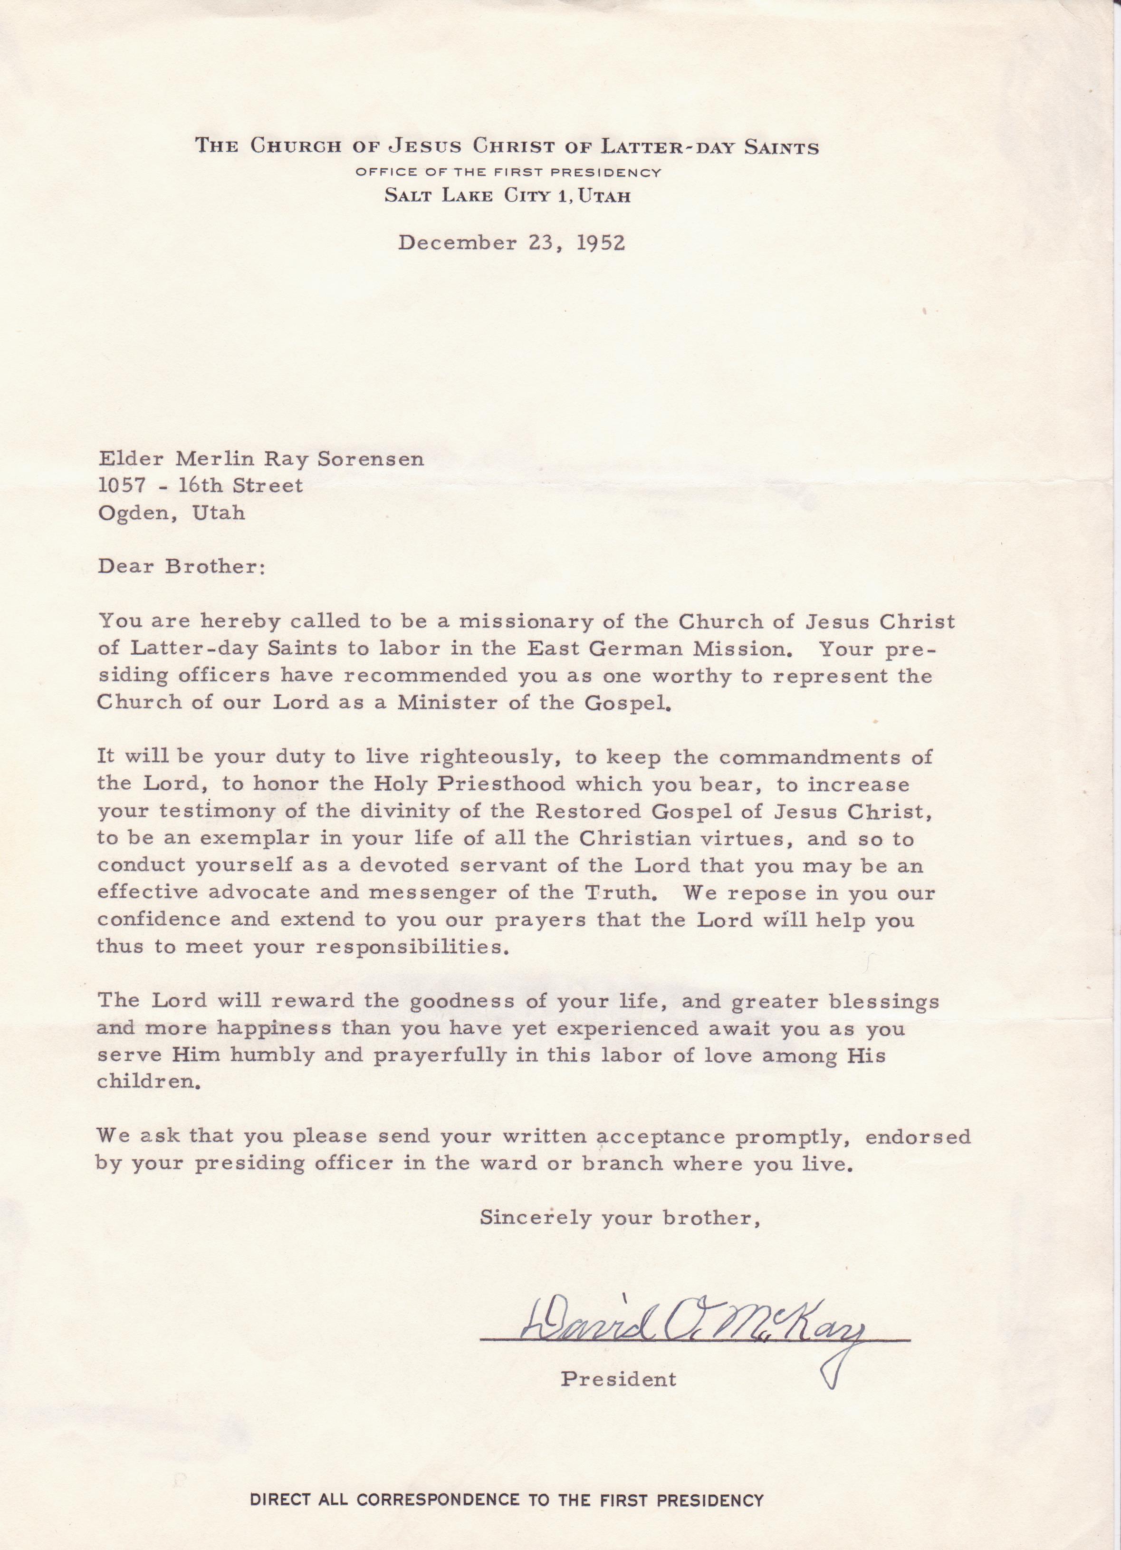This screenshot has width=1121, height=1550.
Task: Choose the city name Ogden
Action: coord(137,513)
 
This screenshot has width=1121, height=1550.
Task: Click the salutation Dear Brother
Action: coord(180,567)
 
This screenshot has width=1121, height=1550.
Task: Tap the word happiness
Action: coord(273,1028)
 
